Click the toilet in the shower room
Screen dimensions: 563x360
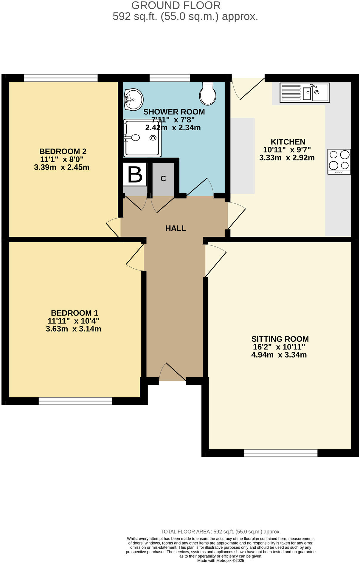(208, 94)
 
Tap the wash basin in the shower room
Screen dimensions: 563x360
(134, 99)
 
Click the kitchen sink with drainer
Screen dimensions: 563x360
(305, 93)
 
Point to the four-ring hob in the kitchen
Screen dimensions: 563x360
(339, 161)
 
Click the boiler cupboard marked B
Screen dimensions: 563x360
(135, 174)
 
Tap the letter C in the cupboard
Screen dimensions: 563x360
(163, 179)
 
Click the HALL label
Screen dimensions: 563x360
(176, 228)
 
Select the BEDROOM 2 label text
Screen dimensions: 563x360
(63, 151)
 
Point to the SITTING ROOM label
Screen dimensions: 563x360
(280, 339)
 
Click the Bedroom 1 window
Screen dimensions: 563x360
(75, 401)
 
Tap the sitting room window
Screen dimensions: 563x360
(280, 453)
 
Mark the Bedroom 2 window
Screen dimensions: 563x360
(61, 78)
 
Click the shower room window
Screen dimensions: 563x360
(170, 78)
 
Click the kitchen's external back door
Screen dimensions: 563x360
(248, 89)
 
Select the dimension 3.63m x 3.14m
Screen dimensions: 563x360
(73, 329)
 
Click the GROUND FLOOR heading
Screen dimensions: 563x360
(176, 5)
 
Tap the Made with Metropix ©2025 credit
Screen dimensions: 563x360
(221, 560)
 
